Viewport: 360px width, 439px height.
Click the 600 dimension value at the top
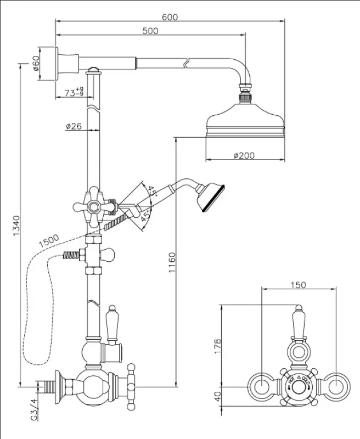[x=170, y=17]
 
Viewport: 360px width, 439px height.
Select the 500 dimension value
[x=150, y=31]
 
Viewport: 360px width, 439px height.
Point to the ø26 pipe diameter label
[x=73, y=126]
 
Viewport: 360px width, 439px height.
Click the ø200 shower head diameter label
[x=244, y=155]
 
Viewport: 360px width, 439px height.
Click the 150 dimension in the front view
[x=298, y=285]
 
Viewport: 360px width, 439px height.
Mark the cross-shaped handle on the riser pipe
[x=95, y=207]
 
